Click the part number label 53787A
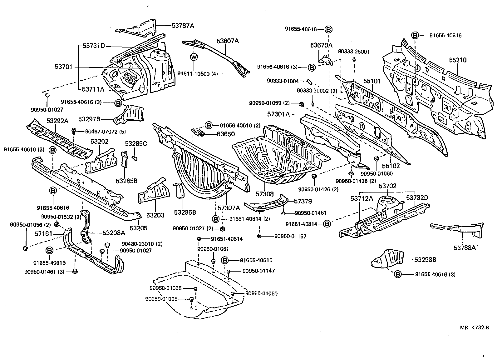(x=183, y=26)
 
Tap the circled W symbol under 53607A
(x=194, y=57)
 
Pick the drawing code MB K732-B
(x=474, y=328)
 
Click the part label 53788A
(x=465, y=248)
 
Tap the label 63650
(x=226, y=134)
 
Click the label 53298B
(x=425, y=260)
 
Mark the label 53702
(x=387, y=186)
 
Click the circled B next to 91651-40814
(x=327, y=224)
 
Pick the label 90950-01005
(x=161, y=299)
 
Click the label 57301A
(x=278, y=115)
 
